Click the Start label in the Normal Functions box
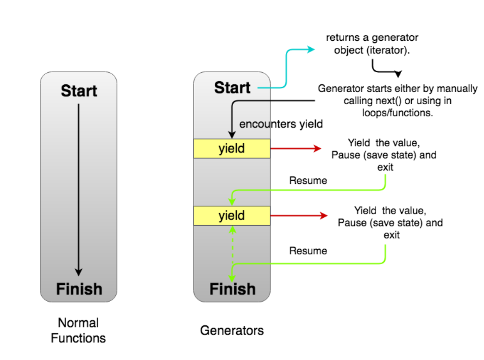pos(79,91)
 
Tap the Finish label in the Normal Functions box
pos(79,289)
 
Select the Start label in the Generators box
pos(232,88)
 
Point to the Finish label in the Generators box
pos(232,289)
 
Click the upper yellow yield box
pos(232,149)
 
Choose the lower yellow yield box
pos(232,215)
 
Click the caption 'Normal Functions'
pos(78,330)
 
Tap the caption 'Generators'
pos(232,330)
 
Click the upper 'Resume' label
pos(308,181)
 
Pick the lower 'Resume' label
pos(308,251)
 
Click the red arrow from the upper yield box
pos(295,149)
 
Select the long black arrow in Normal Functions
pos(79,190)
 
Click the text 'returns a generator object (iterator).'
pos(372,44)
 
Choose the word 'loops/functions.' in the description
pos(397,113)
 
